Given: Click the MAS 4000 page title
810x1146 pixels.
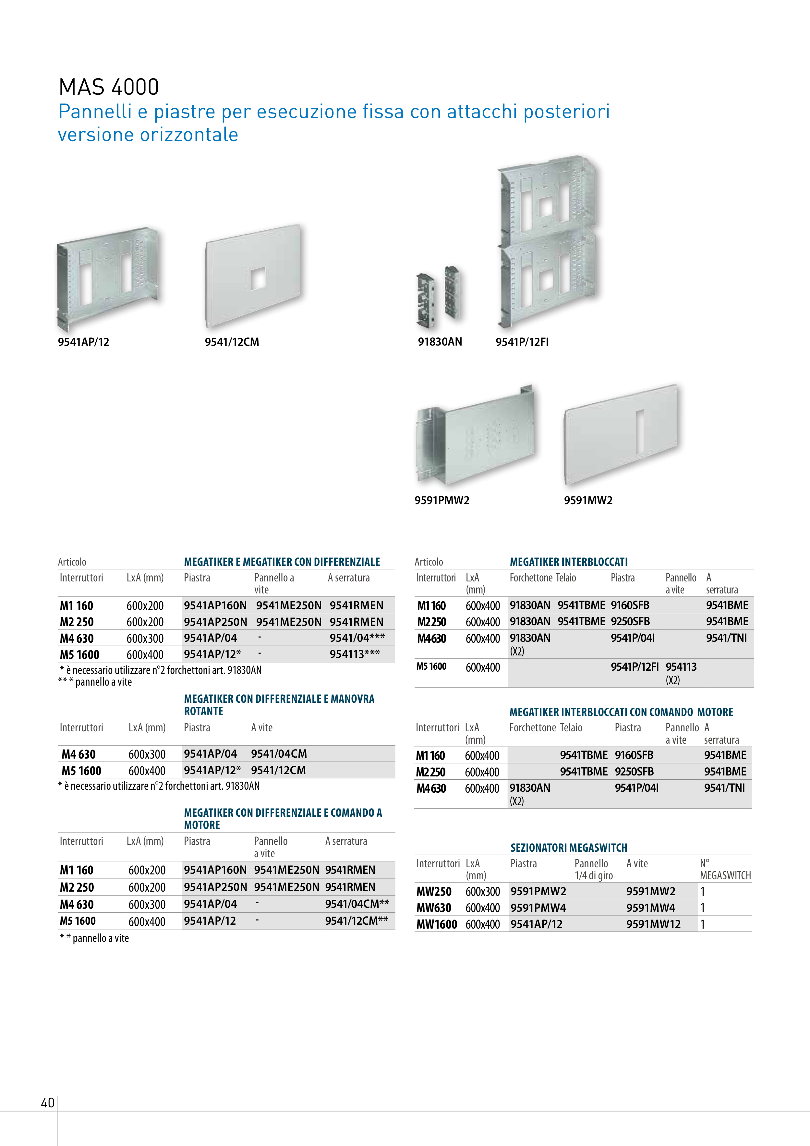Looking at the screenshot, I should click(109, 87).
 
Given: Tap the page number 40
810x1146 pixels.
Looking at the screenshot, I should click(47, 1102).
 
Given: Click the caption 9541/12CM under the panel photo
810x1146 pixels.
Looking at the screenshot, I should click(232, 342).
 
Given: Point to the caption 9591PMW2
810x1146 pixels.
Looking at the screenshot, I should click(442, 500).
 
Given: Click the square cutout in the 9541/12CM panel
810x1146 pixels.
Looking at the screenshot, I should click(258, 278).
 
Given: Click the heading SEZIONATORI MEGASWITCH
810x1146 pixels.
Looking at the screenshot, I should click(568, 847).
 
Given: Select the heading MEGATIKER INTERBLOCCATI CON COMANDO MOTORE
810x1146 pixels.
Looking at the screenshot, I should click(621, 712).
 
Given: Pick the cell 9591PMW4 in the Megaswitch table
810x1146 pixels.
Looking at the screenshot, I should click(538, 908).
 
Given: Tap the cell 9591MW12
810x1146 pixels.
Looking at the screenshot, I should click(653, 924).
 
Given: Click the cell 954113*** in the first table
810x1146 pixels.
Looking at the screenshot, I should click(354, 654).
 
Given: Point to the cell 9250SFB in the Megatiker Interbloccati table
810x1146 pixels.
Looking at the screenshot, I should click(630, 621).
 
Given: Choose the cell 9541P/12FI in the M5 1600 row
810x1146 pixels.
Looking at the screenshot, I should click(634, 667).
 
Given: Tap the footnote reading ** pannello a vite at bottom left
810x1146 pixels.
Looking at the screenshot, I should click(94, 938).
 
